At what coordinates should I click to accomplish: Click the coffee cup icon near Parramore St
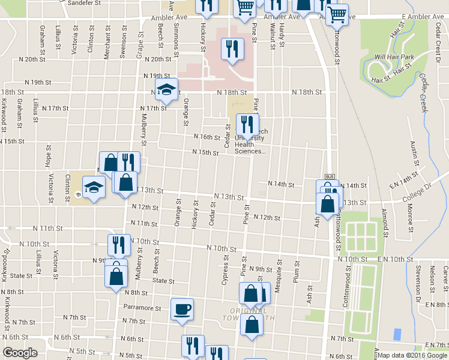coord(182,310)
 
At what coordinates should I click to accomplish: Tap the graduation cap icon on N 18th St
coord(167,90)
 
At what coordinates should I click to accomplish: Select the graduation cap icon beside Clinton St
coord(94,188)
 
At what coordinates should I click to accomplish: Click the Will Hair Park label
coord(394,57)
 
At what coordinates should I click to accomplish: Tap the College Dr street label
coord(418,190)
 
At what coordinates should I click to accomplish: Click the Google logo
coord(20,353)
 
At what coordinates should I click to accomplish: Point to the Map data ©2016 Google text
coord(412,355)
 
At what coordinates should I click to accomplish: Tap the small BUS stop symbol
coord(329,176)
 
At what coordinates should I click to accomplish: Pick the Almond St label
coord(385,223)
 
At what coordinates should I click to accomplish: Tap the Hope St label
coord(49,161)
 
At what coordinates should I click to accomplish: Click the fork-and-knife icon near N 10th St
coord(118,245)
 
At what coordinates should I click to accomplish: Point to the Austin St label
coord(414,154)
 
